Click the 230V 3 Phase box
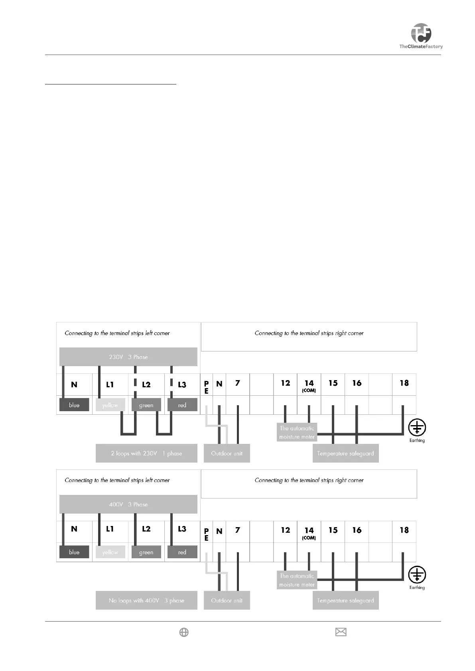pos(128,357)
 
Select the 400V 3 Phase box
pos(128,504)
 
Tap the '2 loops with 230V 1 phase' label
pos(146,453)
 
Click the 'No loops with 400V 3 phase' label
pos(146,600)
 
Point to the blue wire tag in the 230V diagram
pos(74,405)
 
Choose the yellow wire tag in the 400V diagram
pos(110,552)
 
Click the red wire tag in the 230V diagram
pos(182,405)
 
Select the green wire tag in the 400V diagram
pos(146,552)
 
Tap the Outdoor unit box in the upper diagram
pos(227,453)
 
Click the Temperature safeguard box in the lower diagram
pos(345,600)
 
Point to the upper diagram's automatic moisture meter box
pos(297,433)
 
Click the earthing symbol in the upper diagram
pos(417,428)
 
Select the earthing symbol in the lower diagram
pos(417,575)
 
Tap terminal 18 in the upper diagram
pos(404,383)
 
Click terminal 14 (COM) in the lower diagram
pos(309,532)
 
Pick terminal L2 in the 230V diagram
pos(146,385)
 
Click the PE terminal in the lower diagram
pos(206,534)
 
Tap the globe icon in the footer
pos(184,632)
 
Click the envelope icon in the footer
pos(341,632)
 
